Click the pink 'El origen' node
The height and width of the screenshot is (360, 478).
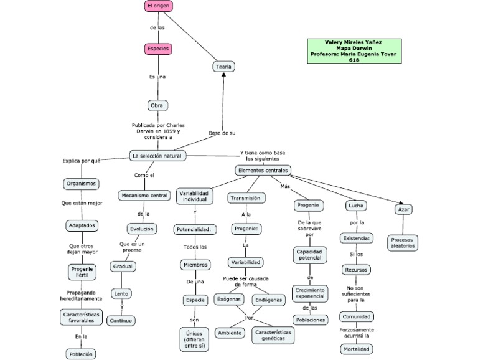pos(158,6)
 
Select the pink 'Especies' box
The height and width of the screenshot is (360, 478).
pos(158,48)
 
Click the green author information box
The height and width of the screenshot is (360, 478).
pos(354,51)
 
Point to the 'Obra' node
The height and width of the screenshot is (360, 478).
pos(157,105)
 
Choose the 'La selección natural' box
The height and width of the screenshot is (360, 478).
pos(157,155)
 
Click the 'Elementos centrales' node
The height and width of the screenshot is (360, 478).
pos(263,170)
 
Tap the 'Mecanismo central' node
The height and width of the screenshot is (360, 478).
pos(144,196)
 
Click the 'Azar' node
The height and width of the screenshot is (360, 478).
pos(403,209)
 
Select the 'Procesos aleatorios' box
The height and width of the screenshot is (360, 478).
pos(403,242)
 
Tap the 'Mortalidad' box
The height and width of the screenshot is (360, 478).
pos(357,349)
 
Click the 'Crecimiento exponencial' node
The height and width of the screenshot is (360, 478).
pos(310,293)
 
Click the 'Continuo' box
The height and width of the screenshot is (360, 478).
pos(120,321)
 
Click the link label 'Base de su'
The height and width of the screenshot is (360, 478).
pos(222,133)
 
